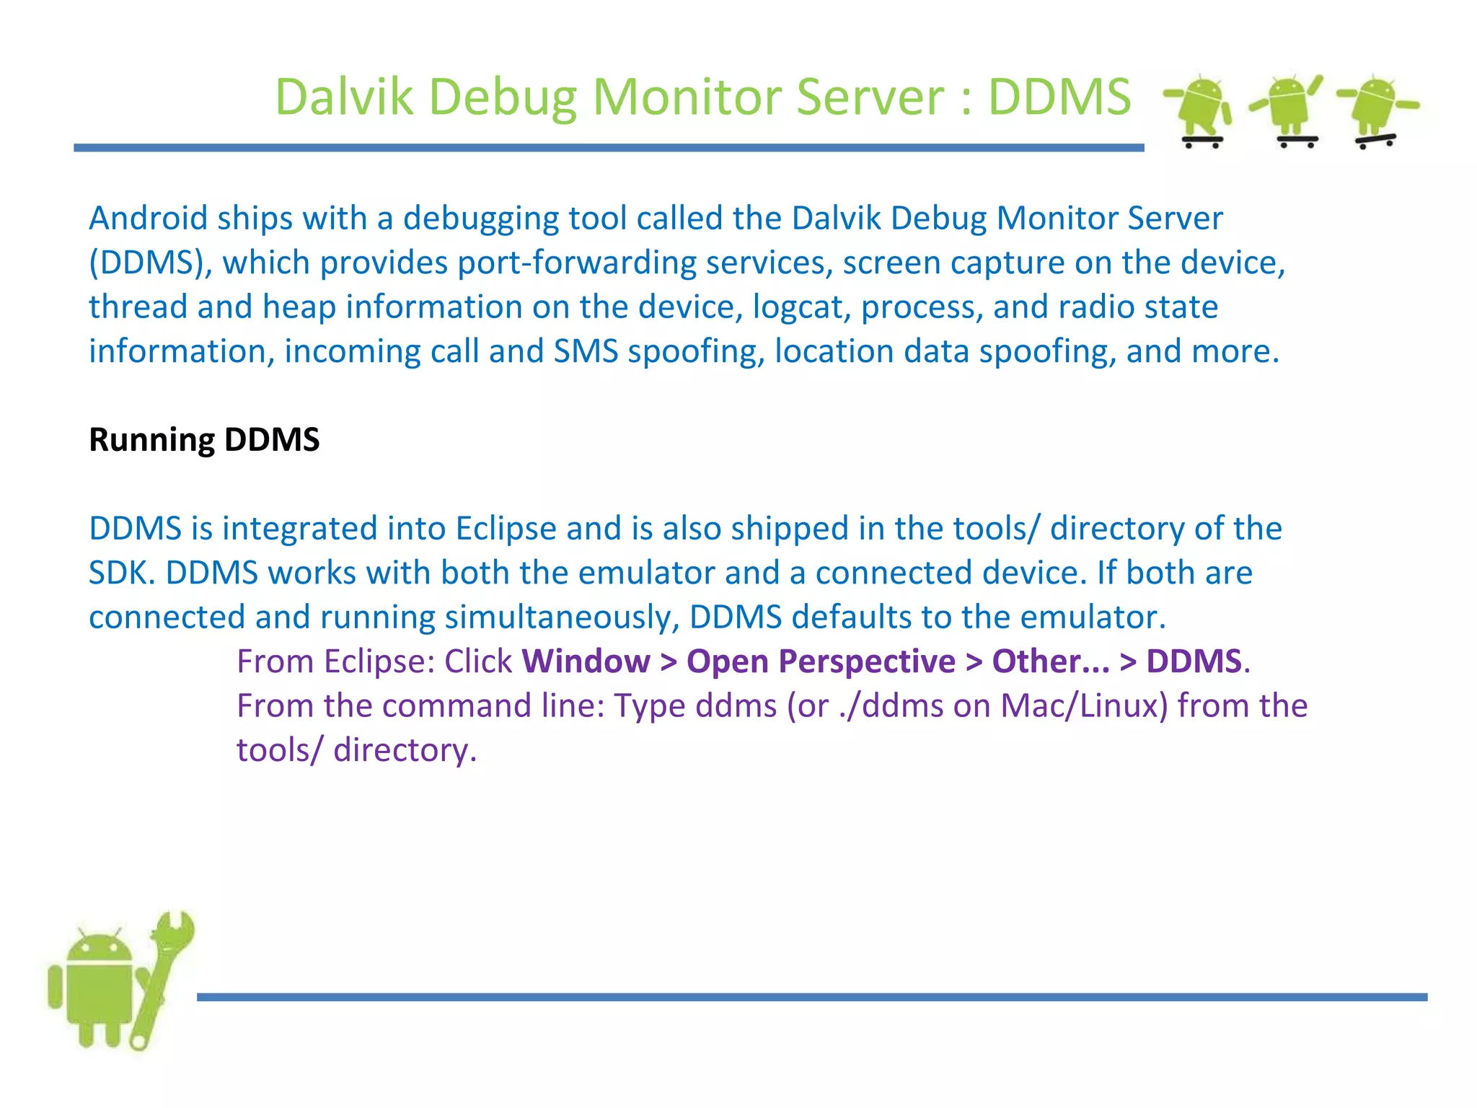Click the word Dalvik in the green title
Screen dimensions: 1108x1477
(344, 97)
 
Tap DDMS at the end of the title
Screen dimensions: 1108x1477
(1059, 97)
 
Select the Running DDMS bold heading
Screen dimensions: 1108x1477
(204, 439)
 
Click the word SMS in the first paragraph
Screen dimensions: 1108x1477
(586, 351)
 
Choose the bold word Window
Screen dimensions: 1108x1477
(586, 661)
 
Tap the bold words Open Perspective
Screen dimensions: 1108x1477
(821, 661)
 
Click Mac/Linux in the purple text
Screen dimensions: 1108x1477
(1083, 705)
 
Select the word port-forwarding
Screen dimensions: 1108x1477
(577, 263)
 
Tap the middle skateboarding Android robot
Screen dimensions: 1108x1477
(1288, 110)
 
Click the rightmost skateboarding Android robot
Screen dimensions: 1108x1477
(1376, 110)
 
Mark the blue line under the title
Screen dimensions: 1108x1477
(609, 148)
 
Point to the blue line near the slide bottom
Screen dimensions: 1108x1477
(812, 997)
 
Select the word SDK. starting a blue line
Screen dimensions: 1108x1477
(121, 573)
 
